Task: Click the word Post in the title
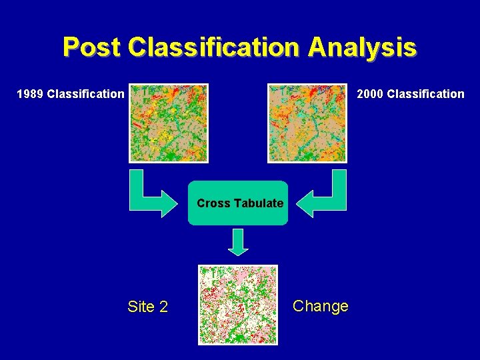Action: click(x=92, y=47)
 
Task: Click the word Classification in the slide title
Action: click(x=215, y=47)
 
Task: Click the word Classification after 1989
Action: click(x=85, y=93)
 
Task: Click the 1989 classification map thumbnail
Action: click(x=169, y=123)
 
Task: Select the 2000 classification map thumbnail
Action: click(x=307, y=123)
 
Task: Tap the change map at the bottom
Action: click(x=238, y=305)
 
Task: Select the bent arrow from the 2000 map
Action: click(x=327, y=197)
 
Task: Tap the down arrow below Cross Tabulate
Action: click(x=238, y=241)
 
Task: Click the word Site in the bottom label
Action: click(x=140, y=307)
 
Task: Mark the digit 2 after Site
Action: click(x=163, y=307)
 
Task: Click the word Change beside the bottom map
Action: click(x=321, y=306)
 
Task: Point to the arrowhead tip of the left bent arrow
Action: click(x=179, y=203)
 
